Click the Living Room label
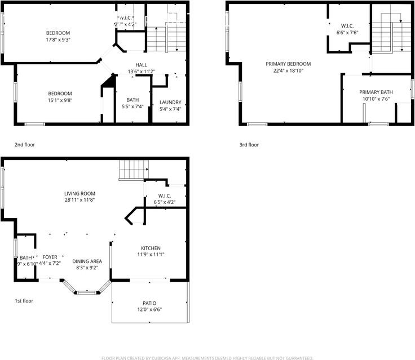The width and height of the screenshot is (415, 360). coord(79,193)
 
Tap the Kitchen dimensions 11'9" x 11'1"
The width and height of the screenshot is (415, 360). coord(151,255)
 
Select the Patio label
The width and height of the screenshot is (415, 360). coord(149,303)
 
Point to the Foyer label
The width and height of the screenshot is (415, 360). coord(50,257)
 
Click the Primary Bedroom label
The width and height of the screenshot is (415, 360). coord(288,64)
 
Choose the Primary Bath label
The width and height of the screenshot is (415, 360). coord(376,92)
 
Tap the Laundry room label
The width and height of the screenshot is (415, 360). coord(170,103)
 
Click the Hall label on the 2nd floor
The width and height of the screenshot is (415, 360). coord(142,65)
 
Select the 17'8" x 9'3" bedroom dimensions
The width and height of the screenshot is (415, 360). coord(58,39)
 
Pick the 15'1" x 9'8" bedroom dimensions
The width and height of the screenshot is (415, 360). coord(60,100)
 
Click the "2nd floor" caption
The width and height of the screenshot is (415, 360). coord(25,145)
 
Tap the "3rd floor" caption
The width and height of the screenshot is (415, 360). coord(249,145)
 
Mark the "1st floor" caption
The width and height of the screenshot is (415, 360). coord(24,301)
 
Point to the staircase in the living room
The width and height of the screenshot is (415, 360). coord(133,168)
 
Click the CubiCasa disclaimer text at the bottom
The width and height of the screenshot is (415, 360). coord(207,358)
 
